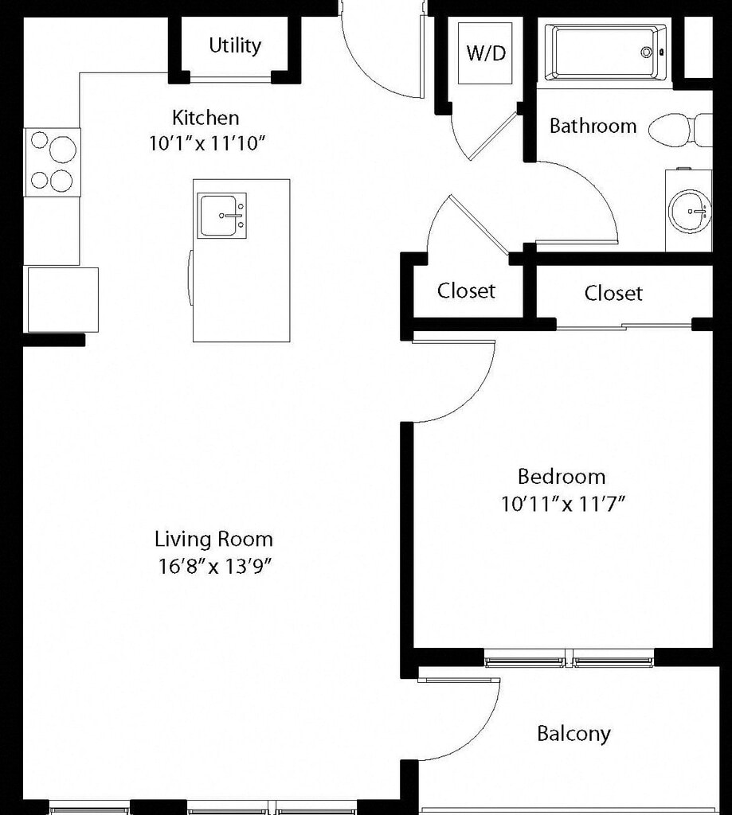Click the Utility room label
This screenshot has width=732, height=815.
tap(235, 45)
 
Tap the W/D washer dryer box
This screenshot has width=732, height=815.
tap(485, 53)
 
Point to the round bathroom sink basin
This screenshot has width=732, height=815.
tap(689, 211)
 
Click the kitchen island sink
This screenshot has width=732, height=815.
tap(221, 216)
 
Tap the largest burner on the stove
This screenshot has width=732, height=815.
tap(62, 150)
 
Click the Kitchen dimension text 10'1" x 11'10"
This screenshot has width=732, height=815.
tap(207, 143)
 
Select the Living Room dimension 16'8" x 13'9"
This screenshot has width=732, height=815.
tap(215, 566)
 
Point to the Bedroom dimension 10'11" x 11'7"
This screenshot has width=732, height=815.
tap(562, 504)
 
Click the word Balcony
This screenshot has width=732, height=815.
tap(573, 734)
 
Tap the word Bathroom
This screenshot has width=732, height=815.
tap(593, 126)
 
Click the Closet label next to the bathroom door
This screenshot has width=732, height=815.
tap(466, 291)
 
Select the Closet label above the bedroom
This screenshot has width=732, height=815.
tap(613, 293)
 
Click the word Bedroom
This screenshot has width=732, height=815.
tap(562, 477)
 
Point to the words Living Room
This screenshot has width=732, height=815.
tap(213, 539)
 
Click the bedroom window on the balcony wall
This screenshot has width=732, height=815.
tap(570, 658)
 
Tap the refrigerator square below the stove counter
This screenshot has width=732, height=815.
tap(63, 299)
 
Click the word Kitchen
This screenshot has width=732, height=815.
tap(206, 118)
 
